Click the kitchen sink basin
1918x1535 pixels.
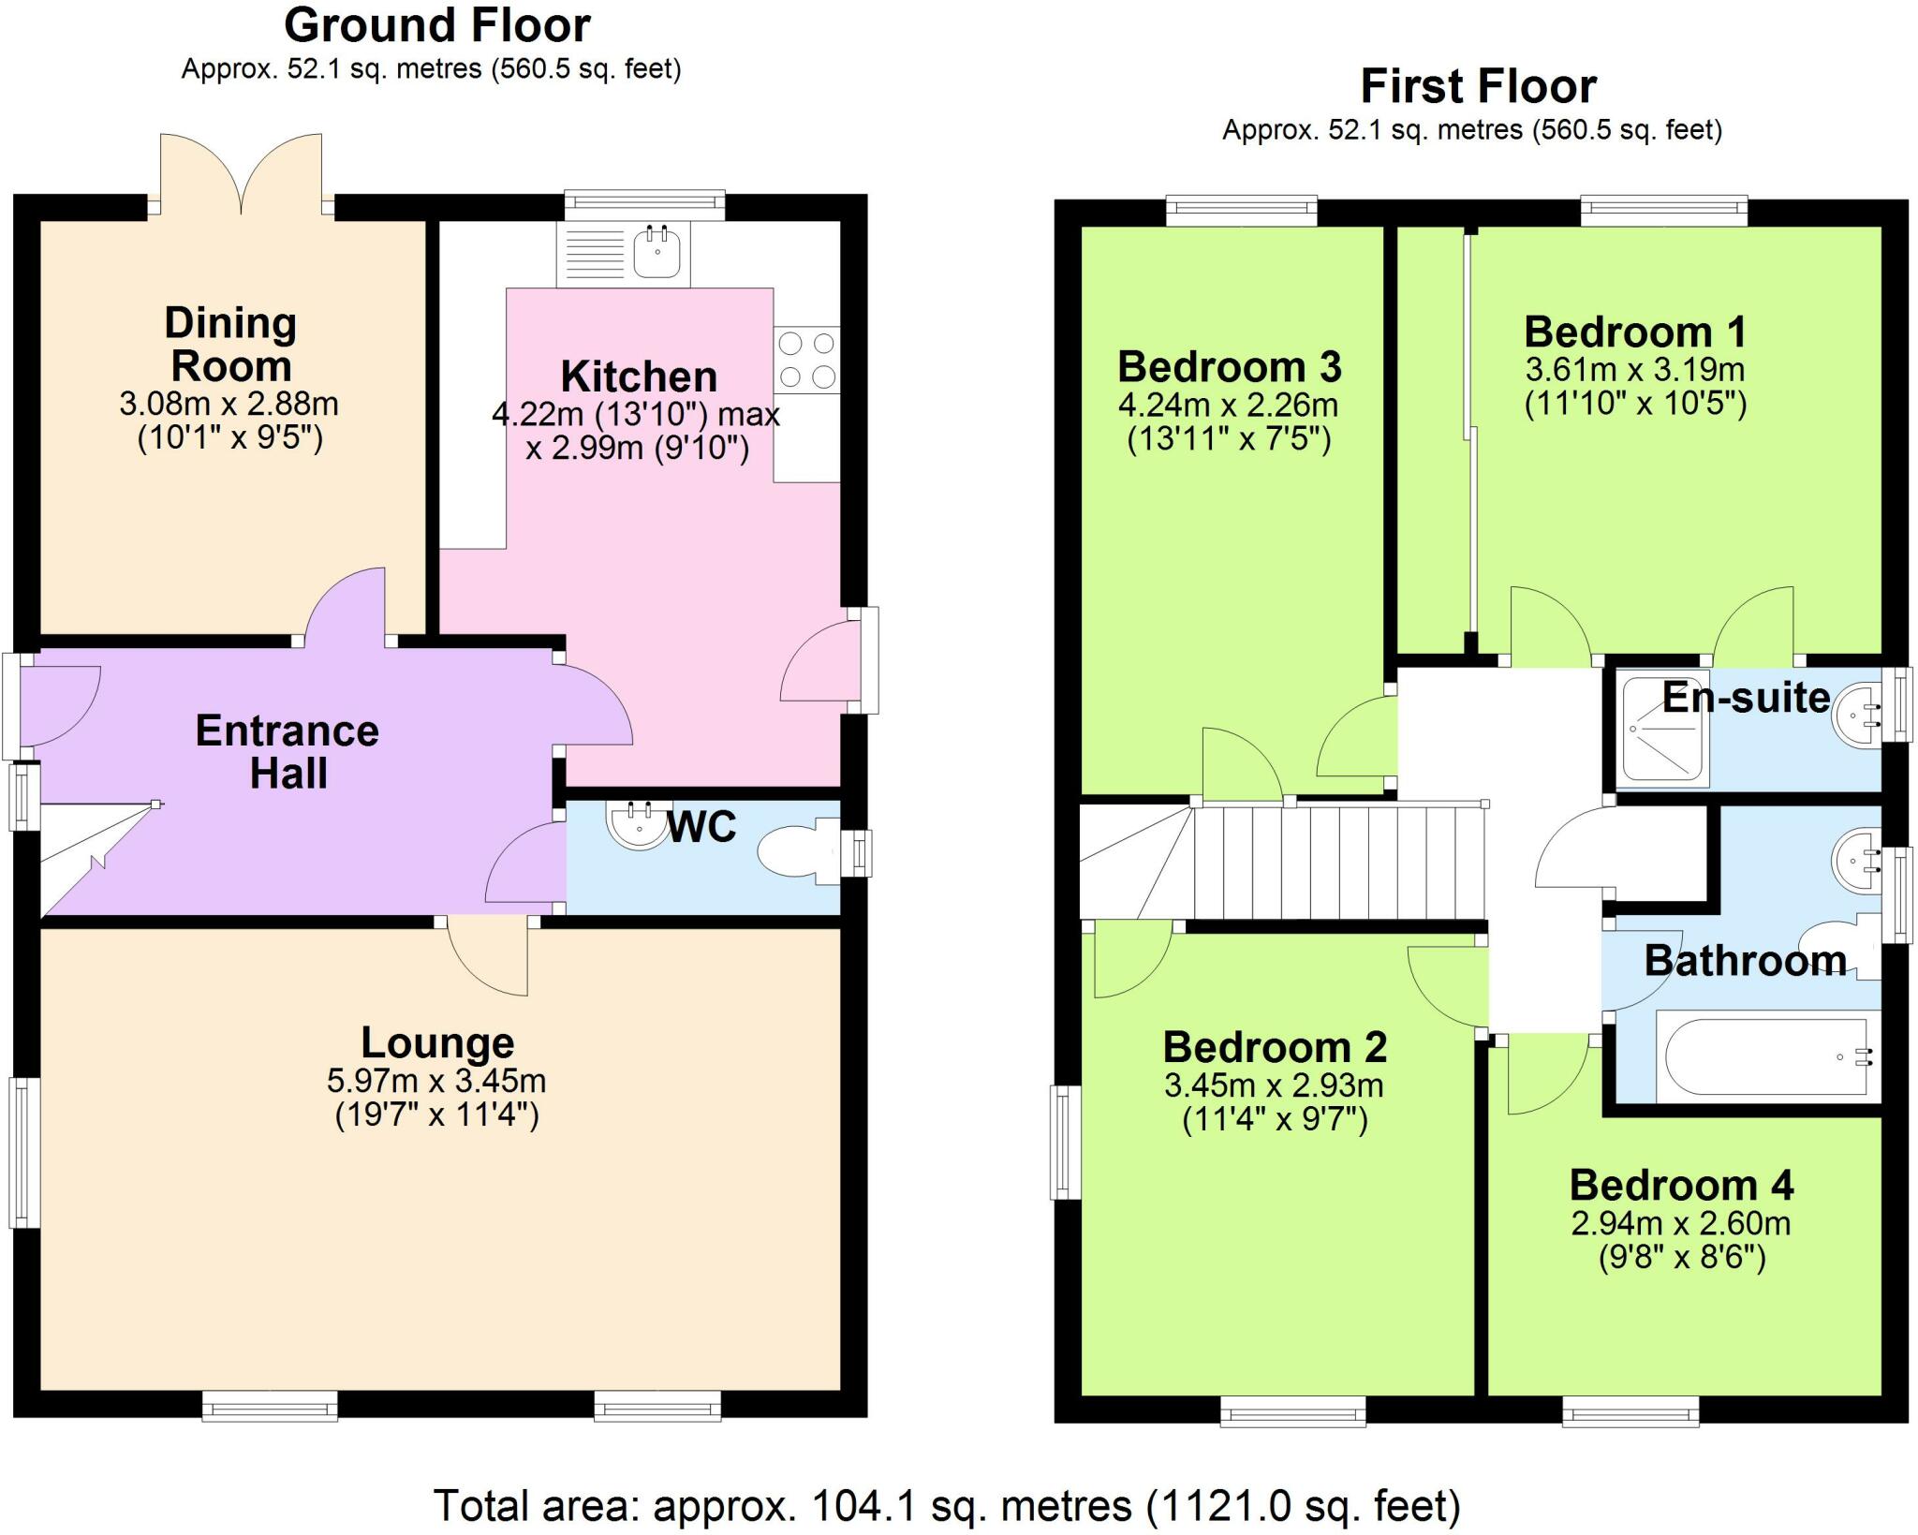657,251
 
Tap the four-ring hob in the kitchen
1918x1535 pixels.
806,360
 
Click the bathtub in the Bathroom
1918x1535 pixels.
1766,1055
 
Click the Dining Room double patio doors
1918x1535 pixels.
242,173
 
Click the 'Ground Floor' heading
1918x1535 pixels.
437,26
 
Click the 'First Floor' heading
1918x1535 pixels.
1478,87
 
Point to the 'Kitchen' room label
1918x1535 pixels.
639,376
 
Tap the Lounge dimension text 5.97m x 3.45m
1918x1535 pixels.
436,1081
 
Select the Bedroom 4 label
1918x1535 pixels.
1681,1185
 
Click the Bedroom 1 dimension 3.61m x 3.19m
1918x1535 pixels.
1635,369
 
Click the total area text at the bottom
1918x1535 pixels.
946,1506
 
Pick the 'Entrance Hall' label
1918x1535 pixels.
288,752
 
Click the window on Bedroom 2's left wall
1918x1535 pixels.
1064,1142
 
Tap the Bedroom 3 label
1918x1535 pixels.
1229,366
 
